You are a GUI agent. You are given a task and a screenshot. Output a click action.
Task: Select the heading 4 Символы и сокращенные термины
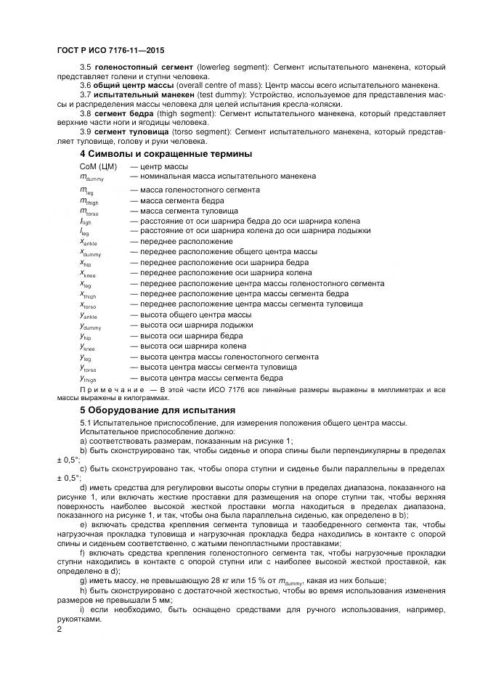[166, 154]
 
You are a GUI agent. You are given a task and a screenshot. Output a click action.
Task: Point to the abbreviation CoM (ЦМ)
[97, 166]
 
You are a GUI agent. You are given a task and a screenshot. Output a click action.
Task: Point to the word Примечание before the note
[113, 389]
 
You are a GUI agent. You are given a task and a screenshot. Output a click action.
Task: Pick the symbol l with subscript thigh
[86, 221]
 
